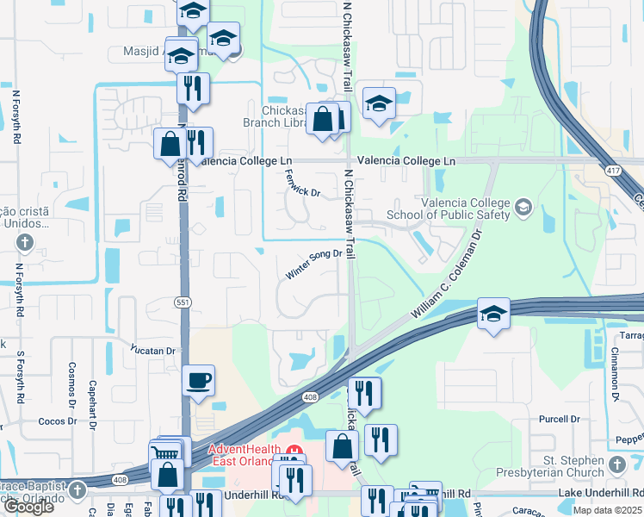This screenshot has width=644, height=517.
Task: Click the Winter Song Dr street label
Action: point(314,265)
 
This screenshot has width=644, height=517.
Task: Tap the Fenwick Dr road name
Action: point(302,182)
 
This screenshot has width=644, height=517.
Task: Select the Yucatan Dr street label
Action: point(152,351)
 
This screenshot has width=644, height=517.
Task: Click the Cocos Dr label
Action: point(59,421)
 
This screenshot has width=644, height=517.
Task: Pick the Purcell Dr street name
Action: point(559,419)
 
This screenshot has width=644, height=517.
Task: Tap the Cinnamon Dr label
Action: point(616,377)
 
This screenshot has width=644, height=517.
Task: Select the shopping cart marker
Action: point(166,452)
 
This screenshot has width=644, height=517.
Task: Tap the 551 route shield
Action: point(182,302)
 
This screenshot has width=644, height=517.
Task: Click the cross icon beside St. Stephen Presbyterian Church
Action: point(617,465)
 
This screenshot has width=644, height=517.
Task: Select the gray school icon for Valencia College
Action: point(523,207)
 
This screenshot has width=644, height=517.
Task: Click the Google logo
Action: point(28,507)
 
